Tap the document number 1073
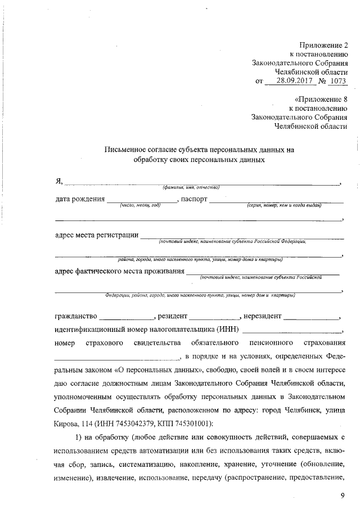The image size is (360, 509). pos(337,82)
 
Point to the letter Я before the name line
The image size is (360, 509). pos(58,180)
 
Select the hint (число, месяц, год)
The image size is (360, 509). pos(141,205)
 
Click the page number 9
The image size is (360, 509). pos(342,495)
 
